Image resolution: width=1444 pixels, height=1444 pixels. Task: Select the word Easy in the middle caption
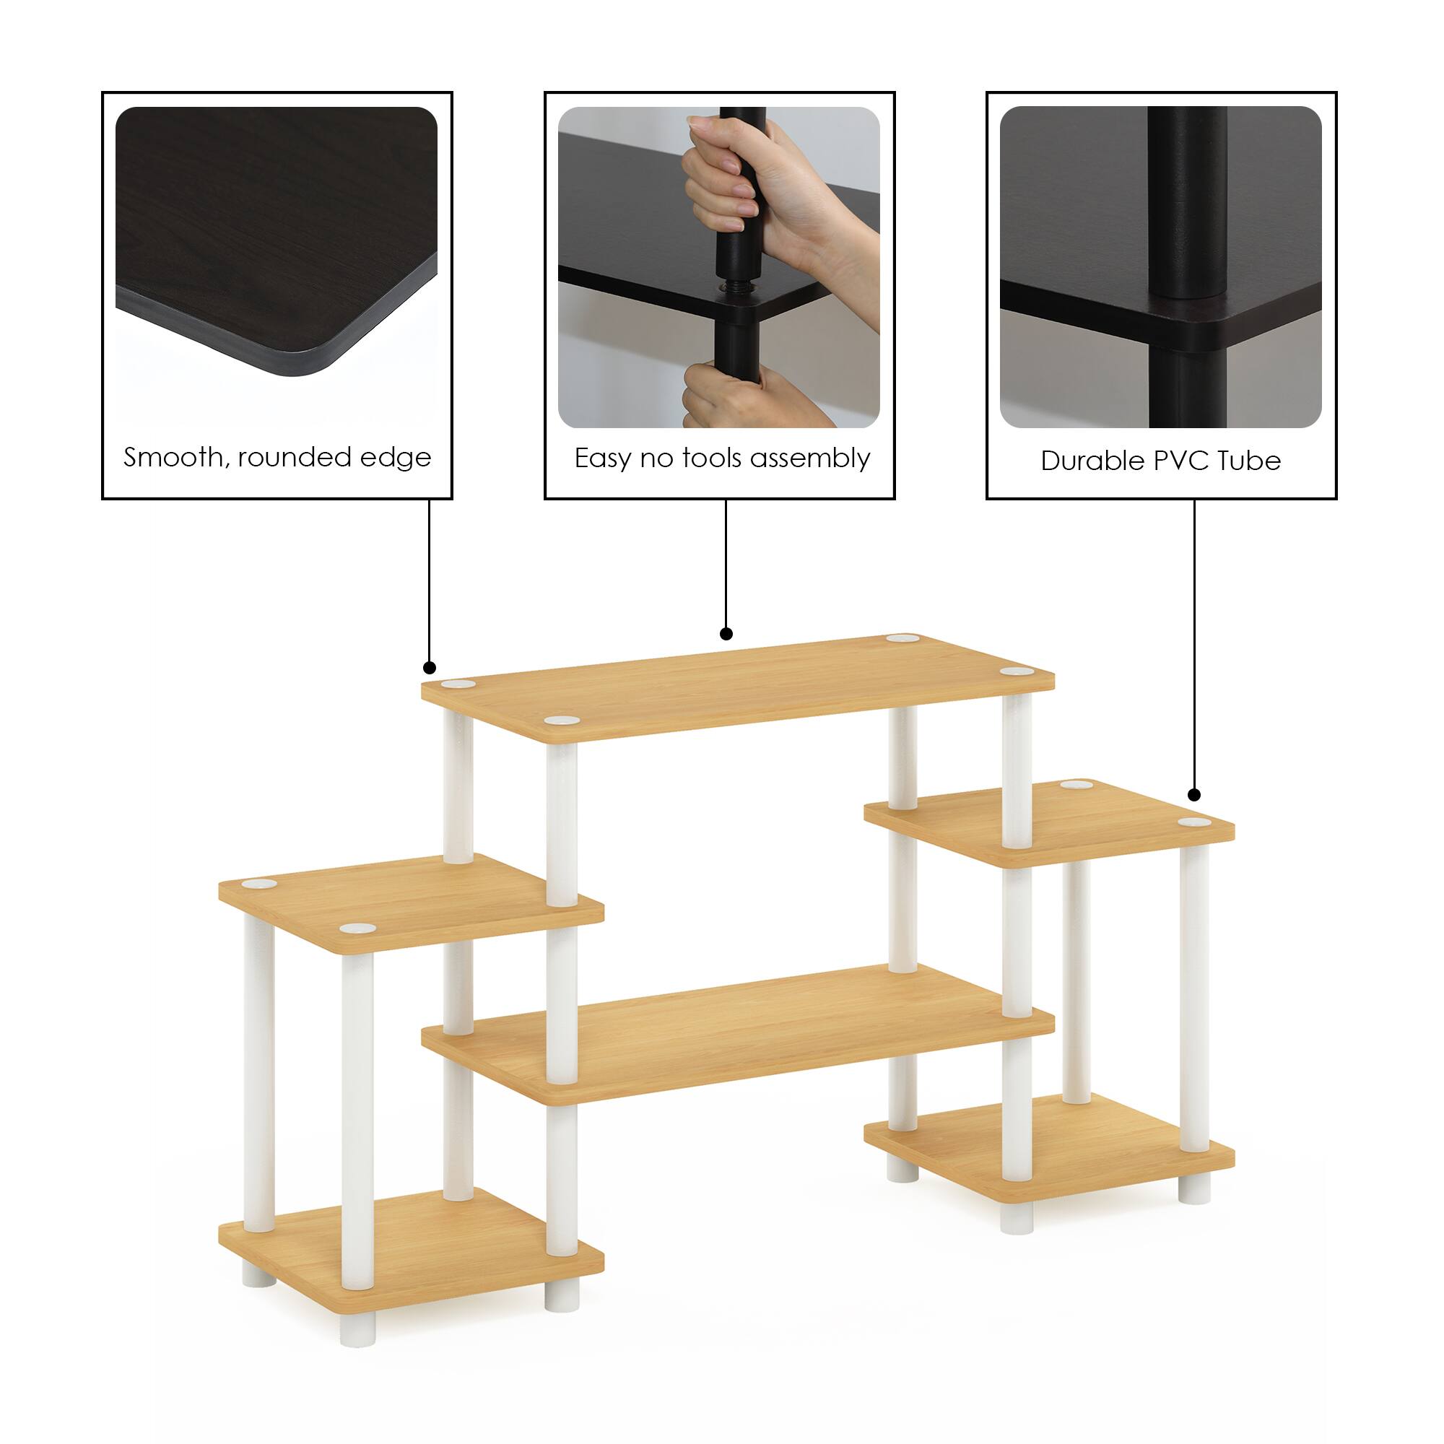tap(603, 458)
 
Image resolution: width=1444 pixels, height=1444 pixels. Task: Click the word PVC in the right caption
tap(1183, 461)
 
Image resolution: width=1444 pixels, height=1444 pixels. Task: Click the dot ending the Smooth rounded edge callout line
tap(429, 667)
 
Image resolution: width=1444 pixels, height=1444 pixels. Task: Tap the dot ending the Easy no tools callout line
tap(726, 634)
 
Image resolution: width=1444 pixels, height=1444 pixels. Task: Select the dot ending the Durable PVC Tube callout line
tap(1194, 794)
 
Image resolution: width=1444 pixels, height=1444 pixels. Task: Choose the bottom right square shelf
tap(1046, 1151)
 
